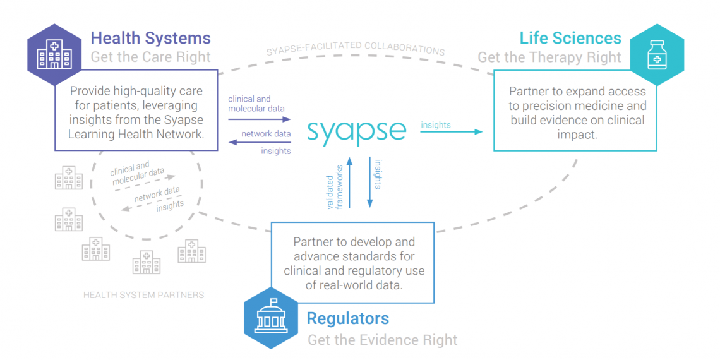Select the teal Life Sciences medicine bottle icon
pyautogui.click(x=657, y=56)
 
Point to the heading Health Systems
pyautogui.click(x=150, y=39)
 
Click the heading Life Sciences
pyautogui.click(x=570, y=38)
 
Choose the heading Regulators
pyautogui.click(x=347, y=318)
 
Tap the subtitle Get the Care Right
pyautogui.click(x=150, y=57)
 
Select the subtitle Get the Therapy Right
pyautogui.click(x=549, y=57)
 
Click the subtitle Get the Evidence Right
pyautogui.click(x=382, y=340)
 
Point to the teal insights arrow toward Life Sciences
pyautogui.click(x=452, y=132)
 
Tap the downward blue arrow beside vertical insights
pyautogui.click(x=369, y=183)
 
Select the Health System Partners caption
pyautogui.click(x=143, y=295)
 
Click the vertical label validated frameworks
pyautogui.click(x=335, y=186)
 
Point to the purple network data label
pyautogui.click(x=266, y=134)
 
